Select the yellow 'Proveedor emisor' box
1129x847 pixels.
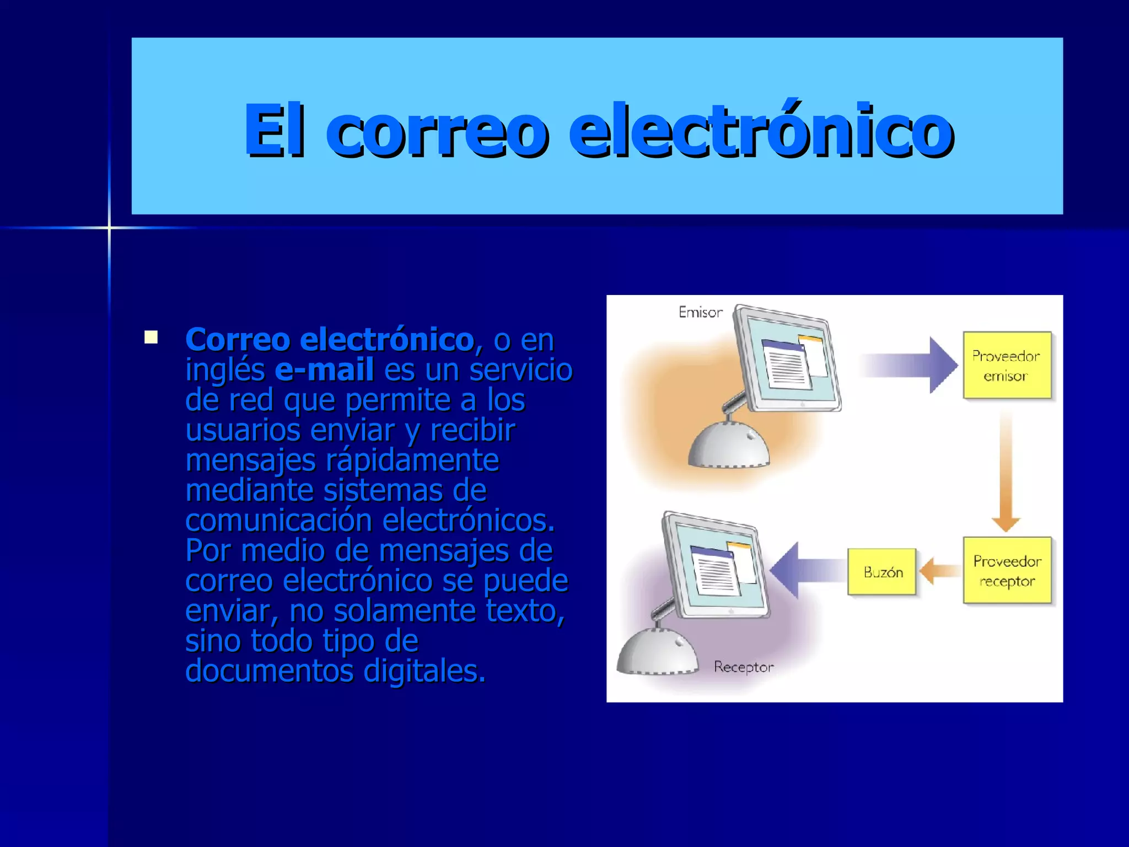(x=1007, y=365)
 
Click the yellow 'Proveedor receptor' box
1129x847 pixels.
(x=1007, y=570)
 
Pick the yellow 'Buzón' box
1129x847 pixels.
(x=882, y=572)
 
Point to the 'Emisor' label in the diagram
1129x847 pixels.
(x=700, y=313)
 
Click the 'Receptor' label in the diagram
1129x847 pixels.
(x=744, y=667)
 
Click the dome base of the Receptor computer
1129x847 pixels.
(x=656, y=653)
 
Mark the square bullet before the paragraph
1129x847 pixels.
(x=151, y=337)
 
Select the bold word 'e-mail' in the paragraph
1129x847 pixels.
(x=324, y=369)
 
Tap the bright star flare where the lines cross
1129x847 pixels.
(x=109, y=227)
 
